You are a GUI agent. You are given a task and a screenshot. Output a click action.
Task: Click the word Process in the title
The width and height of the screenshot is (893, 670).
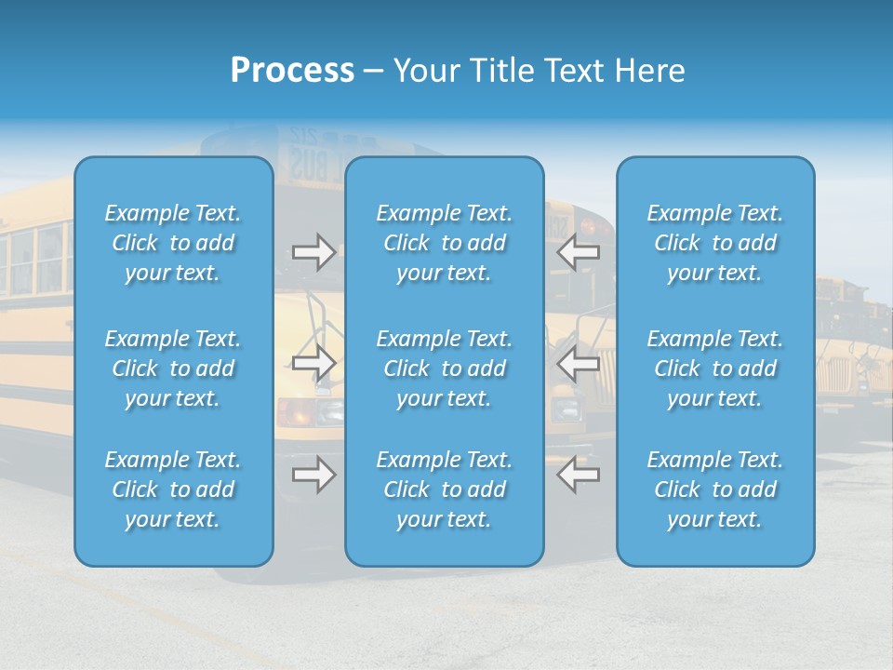292,71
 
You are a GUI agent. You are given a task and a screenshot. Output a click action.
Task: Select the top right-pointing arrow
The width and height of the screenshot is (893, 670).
313,252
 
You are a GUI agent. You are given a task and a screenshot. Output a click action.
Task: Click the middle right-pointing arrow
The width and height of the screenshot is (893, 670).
313,362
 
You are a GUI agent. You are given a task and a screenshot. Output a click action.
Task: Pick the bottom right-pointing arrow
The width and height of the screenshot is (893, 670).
313,475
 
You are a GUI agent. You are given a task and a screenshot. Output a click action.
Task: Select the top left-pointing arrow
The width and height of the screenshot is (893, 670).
579,252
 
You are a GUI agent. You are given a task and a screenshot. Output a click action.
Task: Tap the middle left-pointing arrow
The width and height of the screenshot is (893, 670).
579,362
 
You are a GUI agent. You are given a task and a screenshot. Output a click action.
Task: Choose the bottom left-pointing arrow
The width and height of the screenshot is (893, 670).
579,475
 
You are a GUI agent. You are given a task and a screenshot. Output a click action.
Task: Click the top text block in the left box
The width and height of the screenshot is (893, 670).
173,243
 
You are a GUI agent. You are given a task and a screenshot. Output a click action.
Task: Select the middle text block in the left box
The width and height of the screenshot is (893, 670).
173,368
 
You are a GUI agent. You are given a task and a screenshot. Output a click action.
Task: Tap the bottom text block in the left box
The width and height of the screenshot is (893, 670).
173,489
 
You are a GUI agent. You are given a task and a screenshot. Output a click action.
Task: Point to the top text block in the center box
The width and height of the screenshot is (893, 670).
444,243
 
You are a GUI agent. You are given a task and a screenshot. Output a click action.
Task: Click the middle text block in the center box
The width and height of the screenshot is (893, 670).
444,368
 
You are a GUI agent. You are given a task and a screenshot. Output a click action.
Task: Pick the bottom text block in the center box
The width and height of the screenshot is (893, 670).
444,489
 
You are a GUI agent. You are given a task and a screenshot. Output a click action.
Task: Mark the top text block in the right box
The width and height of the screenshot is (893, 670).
714,243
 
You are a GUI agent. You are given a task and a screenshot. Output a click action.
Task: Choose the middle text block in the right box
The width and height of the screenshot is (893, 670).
714,368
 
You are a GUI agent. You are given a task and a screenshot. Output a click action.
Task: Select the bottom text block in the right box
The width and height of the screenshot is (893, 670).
714,489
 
